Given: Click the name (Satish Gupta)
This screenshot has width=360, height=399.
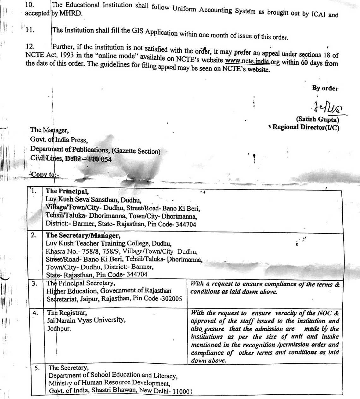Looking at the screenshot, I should click(x=317, y=120).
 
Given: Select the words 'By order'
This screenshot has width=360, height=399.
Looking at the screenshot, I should click(x=325, y=88).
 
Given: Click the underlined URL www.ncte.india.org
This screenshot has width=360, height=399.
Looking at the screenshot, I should click(x=252, y=61).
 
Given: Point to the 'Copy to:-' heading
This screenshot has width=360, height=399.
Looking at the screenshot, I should click(x=45, y=175).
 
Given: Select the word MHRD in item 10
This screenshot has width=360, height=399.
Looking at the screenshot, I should click(x=72, y=14).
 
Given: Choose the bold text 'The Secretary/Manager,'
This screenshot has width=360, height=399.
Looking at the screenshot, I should click(x=83, y=236).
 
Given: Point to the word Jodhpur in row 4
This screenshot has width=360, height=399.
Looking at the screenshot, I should click(x=59, y=328).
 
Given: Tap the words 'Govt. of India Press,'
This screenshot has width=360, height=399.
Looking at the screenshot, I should click(x=59, y=140).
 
